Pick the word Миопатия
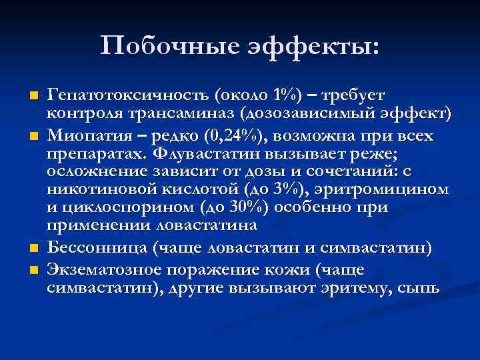86,136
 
